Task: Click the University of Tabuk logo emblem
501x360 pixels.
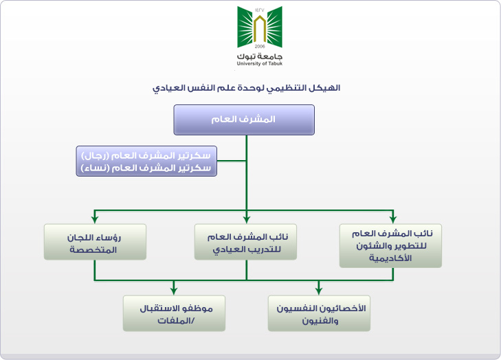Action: coord(260,27)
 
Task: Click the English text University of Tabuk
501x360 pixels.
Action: coord(260,64)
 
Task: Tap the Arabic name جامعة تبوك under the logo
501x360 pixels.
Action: coord(260,56)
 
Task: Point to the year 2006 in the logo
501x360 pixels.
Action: coord(260,46)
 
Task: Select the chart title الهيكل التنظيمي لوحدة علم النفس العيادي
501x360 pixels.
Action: coord(246,88)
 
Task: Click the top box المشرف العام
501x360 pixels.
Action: coord(244,120)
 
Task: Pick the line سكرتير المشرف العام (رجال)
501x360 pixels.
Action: coord(146,155)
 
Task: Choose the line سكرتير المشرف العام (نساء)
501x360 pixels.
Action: coord(146,168)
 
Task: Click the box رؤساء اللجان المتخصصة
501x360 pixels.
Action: coord(95,242)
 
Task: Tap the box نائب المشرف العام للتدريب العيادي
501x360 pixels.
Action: coord(245,242)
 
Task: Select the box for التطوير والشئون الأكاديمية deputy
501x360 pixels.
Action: coord(390,246)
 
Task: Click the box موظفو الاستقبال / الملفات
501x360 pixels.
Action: coord(174,313)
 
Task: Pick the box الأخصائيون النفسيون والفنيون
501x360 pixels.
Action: coord(319,313)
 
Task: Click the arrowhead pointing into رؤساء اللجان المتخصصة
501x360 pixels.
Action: coord(95,220)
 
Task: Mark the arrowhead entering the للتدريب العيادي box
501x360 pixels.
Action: coord(246,220)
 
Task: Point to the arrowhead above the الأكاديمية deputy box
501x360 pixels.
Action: coord(393,220)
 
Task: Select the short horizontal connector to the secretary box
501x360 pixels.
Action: coord(232,161)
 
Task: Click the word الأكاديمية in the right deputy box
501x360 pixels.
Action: coord(390,258)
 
